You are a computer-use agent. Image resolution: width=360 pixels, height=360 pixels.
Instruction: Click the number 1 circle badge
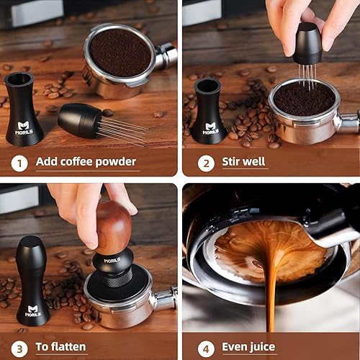click(19, 162)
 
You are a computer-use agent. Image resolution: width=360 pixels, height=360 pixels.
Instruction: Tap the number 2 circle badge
click(206, 162)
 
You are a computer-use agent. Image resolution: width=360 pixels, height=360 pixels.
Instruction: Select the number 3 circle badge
click(19, 347)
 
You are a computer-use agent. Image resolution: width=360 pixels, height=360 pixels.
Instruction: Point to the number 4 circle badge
click(206, 347)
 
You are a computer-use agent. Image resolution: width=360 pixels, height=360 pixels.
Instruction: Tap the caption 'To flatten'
click(61, 347)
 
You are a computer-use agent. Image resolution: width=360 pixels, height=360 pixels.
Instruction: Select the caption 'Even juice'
click(248, 347)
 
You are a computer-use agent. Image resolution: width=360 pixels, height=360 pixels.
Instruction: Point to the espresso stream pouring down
click(271, 302)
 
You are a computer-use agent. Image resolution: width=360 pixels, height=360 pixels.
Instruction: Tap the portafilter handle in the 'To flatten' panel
click(165, 299)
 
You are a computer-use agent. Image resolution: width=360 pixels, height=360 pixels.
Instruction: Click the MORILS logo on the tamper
click(111, 261)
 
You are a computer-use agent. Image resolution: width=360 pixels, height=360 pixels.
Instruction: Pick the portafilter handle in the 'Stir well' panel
click(348, 122)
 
